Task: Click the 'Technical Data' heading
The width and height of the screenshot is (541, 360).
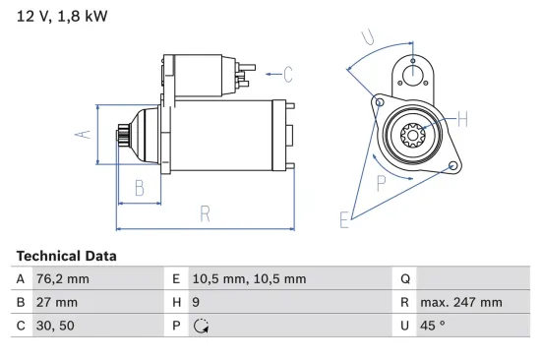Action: coord(66,256)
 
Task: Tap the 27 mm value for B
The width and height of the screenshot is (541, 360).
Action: coord(55,303)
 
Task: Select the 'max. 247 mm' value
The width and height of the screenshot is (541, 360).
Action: coord(460,303)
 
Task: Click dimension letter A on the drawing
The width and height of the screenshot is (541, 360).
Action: coord(85,135)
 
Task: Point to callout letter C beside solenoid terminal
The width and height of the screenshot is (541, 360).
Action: coord(288,73)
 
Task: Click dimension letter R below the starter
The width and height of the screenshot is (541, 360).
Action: coord(206,211)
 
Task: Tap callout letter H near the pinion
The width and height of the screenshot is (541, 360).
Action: coord(463,121)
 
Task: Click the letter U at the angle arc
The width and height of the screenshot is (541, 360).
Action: coord(367,39)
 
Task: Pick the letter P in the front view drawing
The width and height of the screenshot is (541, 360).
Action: coord(382,182)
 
